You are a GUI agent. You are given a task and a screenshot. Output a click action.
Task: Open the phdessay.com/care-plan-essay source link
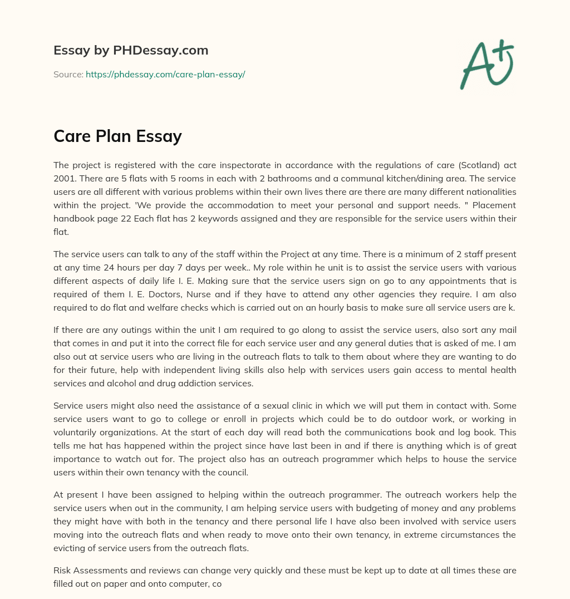pos(165,74)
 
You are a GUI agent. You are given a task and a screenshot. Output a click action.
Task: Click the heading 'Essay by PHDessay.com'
pos(131,50)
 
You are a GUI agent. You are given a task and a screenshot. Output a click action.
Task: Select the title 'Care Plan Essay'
pos(117,136)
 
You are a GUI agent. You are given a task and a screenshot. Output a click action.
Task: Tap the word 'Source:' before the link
pos(68,74)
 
